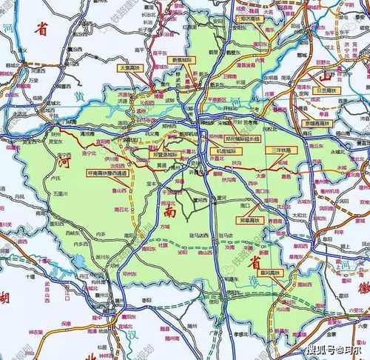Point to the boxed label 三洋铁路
(280, 150)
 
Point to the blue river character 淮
(238, 286)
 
